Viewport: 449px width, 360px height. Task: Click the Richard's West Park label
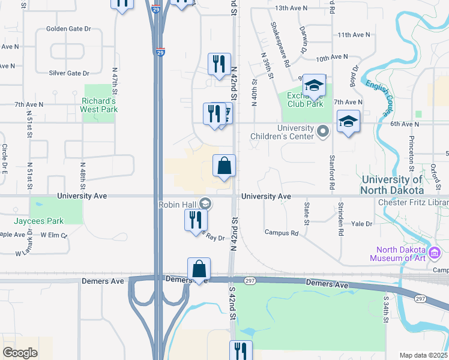[x=100, y=105]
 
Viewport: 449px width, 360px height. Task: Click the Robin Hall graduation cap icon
[x=205, y=204]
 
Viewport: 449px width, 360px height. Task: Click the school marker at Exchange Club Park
[x=313, y=86]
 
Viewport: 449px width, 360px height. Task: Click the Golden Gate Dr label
[x=68, y=29]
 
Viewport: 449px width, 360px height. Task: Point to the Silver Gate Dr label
[x=69, y=73]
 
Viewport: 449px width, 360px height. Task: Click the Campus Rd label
[x=282, y=233]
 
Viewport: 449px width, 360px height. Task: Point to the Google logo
[x=20, y=352]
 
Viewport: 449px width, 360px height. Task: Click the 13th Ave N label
[x=291, y=8]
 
